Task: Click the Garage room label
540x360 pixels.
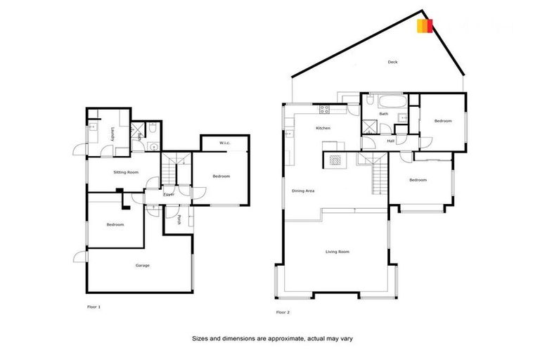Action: pos(143,265)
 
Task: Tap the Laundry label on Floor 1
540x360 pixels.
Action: pos(112,134)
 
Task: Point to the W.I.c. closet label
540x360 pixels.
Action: pos(224,143)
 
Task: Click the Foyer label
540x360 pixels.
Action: pos(169,194)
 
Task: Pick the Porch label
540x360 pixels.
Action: pos(180,219)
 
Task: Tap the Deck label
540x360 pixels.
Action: pos(393,62)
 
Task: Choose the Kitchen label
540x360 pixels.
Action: pos(323,128)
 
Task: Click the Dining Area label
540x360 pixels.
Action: pos(303,191)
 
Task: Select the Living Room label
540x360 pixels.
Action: pos(337,251)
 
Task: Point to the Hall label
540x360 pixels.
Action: pos(390,141)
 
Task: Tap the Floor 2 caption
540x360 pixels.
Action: pos(283,311)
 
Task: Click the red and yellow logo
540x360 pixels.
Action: pos(424,26)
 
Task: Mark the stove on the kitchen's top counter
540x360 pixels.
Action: pos(326,109)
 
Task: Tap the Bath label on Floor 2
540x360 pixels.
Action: pos(384,114)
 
